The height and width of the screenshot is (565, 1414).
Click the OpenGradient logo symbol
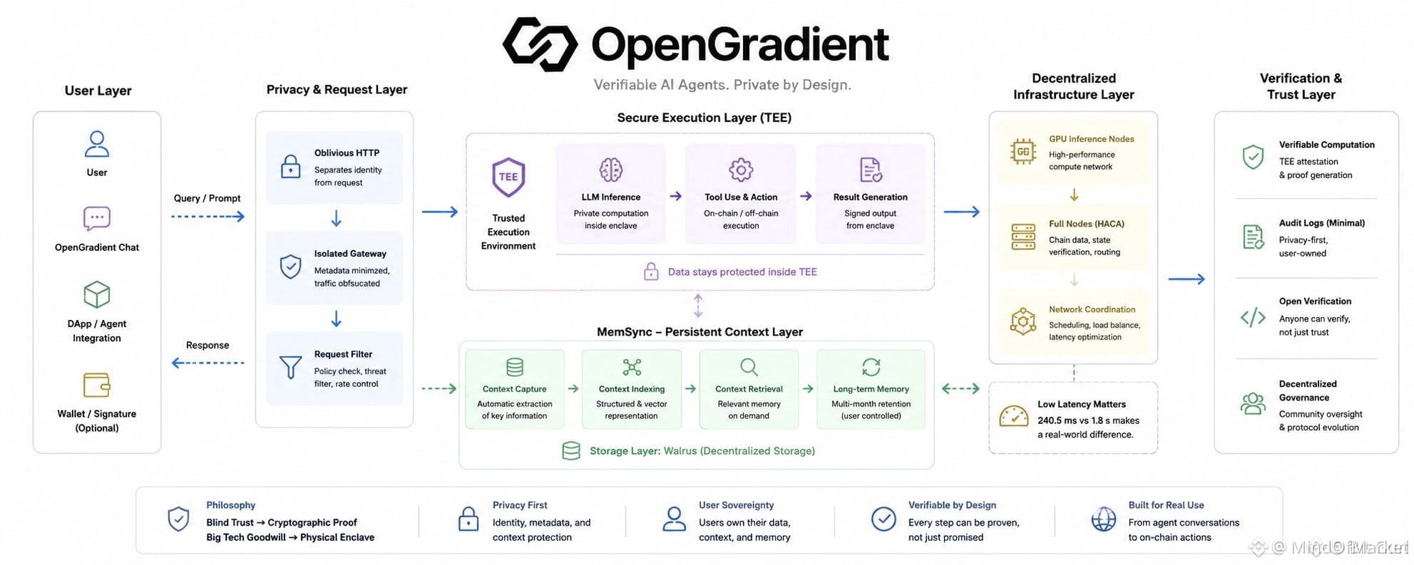(x=540, y=44)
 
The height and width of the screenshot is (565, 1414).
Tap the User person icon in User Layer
(x=97, y=143)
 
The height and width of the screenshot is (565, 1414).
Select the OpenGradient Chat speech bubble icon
(x=97, y=219)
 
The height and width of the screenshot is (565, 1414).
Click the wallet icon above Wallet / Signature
(x=97, y=385)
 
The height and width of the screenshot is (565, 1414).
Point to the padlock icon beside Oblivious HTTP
(x=290, y=167)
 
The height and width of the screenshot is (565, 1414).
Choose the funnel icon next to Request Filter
(x=290, y=368)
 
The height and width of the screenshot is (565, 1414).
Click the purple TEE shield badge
(x=508, y=177)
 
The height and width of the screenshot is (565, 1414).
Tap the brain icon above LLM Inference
(x=611, y=170)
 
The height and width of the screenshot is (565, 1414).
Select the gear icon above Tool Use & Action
(x=741, y=170)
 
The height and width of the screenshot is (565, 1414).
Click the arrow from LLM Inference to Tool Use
(x=676, y=196)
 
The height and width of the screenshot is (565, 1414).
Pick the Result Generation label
(x=871, y=197)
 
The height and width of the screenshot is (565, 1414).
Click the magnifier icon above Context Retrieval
(x=749, y=367)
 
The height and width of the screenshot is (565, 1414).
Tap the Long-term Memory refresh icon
(x=871, y=367)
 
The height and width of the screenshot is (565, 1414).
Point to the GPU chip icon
(x=1023, y=152)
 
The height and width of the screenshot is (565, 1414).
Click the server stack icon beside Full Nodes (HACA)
(x=1023, y=237)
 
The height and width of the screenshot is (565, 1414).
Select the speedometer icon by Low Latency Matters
(x=1014, y=416)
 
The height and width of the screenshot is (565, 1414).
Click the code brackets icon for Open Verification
(x=1253, y=317)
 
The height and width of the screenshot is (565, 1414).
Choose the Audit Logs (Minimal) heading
(x=1322, y=223)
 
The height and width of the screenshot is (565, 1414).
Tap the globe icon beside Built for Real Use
(x=1104, y=519)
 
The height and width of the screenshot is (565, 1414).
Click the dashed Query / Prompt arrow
(x=208, y=217)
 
